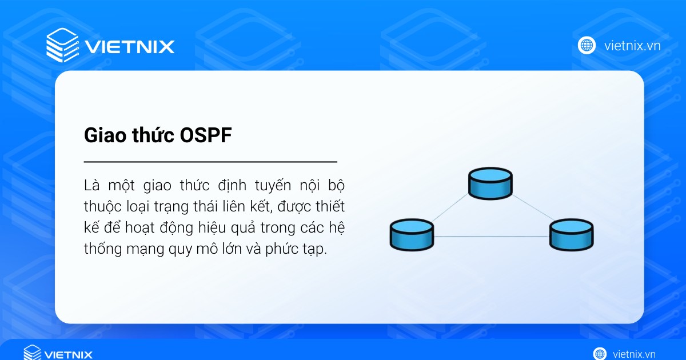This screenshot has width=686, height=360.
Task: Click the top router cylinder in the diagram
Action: point(490,183)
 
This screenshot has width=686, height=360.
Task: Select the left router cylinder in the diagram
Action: point(412,234)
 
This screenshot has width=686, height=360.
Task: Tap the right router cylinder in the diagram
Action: point(572,234)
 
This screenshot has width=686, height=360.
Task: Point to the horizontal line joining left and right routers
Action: point(492,237)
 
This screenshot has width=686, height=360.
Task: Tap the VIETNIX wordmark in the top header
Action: point(129,46)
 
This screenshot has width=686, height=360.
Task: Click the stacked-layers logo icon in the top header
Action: point(62,44)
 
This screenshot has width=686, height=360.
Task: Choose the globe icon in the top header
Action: point(587,45)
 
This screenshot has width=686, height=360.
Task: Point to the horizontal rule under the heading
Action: point(210,162)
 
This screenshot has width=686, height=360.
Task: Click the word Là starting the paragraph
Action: point(92,186)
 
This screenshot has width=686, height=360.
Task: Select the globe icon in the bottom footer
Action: point(600,354)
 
